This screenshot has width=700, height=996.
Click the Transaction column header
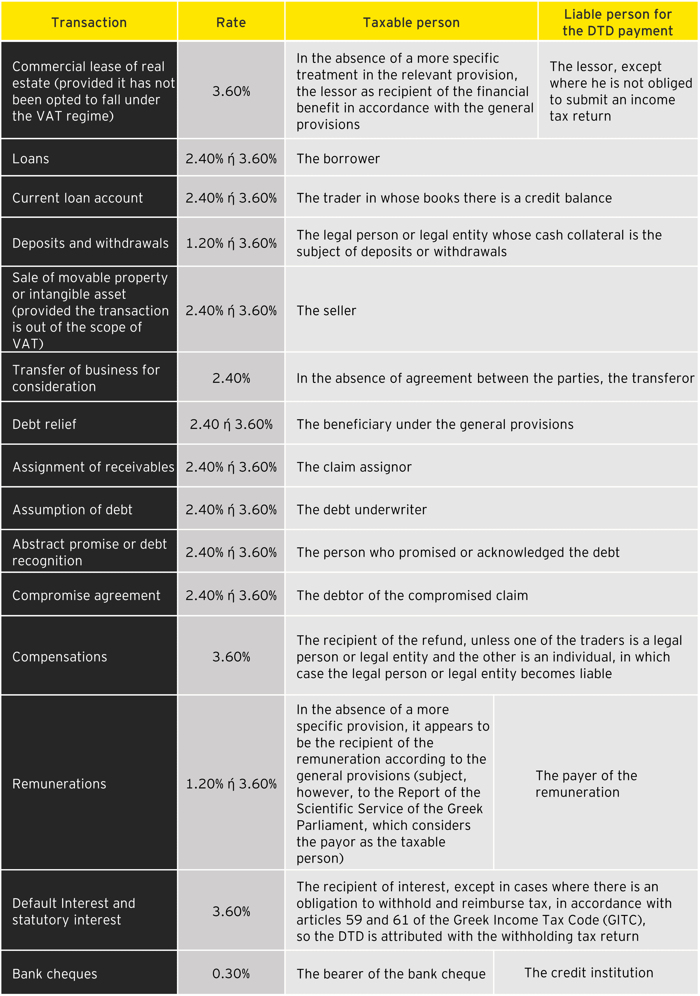click(x=89, y=22)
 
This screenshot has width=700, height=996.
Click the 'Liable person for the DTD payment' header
click(x=617, y=22)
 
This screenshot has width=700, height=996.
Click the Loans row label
click(x=31, y=159)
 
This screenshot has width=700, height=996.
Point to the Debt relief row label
click(x=44, y=424)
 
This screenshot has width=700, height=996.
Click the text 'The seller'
click(x=326, y=311)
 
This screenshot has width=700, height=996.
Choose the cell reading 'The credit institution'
click(x=589, y=973)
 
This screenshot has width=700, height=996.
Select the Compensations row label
click(x=60, y=657)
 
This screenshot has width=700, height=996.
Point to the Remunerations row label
click(x=59, y=784)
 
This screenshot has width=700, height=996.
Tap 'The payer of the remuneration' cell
click(x=586, y=784)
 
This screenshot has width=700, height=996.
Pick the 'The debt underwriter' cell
click(x=361, y=510)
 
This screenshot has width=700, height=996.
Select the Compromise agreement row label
click(x=86, y=596)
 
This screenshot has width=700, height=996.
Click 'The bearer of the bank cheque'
click(x=391, y=974)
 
